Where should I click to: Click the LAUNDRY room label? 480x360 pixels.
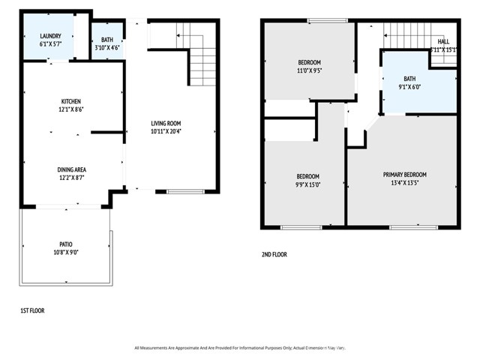coord(50,35)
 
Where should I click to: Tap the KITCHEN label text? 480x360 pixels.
coord(71,101)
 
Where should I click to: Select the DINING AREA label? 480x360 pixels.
coord(71,169)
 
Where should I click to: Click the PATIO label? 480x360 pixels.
coord(66,244)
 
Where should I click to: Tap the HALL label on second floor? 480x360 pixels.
coord(443,41)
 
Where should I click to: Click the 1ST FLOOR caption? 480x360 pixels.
coord(32,310)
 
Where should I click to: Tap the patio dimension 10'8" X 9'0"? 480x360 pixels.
coord(66,252)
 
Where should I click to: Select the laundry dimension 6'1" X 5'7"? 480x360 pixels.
coord(50,43)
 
